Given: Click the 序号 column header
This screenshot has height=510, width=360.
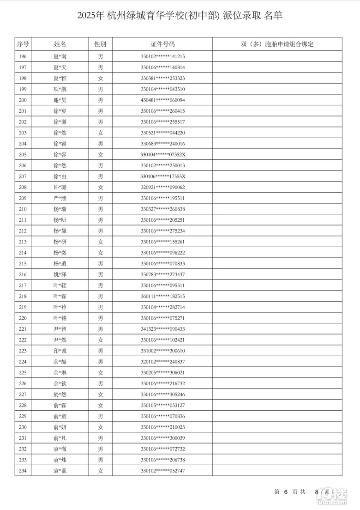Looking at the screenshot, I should (x=23, y=44).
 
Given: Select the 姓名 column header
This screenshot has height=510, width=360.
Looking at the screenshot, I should (x=60, y=44).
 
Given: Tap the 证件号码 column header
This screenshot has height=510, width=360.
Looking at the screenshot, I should (x=162, y=44).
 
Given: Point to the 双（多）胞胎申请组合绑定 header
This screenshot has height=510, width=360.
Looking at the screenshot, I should (x=277, y=44).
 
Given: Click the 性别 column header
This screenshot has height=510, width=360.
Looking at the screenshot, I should (x=100, y=44).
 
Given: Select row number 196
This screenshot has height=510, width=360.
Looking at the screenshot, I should (x=23, y=56).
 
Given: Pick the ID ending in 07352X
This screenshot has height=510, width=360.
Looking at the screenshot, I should (x=162, y=155).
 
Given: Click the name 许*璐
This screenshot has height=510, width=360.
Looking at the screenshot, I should (x=60, y=188).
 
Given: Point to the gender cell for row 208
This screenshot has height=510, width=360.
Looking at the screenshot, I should (x=100, y=188).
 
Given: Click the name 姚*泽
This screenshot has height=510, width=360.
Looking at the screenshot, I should (x=60, y=274).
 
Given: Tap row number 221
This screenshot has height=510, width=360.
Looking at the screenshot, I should (x=23, y=329).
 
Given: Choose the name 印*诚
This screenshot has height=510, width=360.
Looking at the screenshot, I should (x=60, y=351).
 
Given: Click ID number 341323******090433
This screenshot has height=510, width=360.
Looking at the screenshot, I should (x=162, y=329).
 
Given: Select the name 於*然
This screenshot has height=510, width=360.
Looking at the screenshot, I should (x=60, y=395).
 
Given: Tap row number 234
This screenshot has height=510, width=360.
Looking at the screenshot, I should (x=23, y=471).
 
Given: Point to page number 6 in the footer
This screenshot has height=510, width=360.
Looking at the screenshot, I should (x=286, y=492).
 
